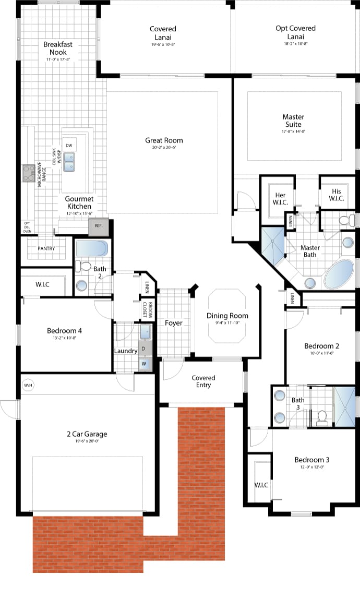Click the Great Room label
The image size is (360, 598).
[x=164, y=140]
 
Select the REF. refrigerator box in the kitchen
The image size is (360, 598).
[x=98, y=226]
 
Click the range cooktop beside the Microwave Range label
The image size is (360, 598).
[x=28, y=173]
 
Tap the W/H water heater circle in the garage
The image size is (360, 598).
[x=28, y=385]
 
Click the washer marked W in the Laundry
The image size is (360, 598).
[x=144, y=363]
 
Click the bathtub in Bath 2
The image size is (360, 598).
[x=92, y=248]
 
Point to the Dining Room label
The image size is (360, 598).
[x=227, y=316]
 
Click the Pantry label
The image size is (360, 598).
[x=46, y=248]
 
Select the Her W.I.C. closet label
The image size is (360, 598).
[x=280, y=199]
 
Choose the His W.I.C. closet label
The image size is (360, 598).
[x=335, y=195]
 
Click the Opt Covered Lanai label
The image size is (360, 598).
[x=295, y=32]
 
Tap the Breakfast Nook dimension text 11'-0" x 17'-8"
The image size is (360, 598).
[x=57, y=60]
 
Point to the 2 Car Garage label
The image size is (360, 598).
[x=87, y=434]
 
